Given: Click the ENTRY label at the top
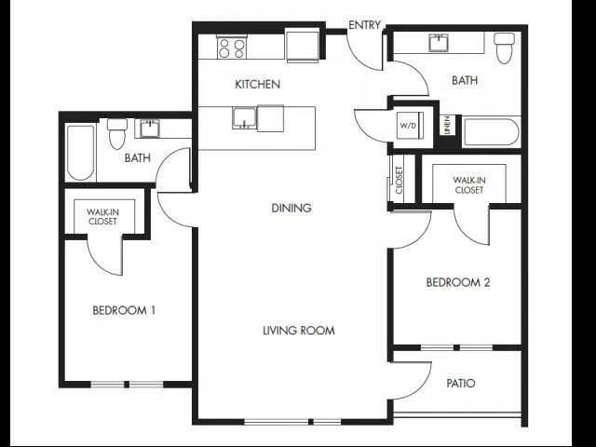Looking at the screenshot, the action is (x=364, y=25).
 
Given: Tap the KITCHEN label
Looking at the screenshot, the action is (x=258, y=84).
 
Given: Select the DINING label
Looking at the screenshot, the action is (x=291, y=208).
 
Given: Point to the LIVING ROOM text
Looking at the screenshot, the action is (x=299, y=331).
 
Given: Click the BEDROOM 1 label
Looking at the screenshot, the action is (x=124, y=310).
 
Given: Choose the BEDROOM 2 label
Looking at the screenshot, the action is (x=458, y=282).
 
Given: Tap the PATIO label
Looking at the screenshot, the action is (x=461, y=383).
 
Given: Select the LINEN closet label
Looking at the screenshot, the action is (x=447, y=125).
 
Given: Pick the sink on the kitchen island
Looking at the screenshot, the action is (x=245, y=118).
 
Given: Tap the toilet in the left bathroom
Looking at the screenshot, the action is (x=116, y=134).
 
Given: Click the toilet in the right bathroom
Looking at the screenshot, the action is (x=505, y=48).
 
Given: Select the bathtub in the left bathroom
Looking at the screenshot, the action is (x=81, y=153).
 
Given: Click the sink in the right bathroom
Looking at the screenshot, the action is (x=439, y=43).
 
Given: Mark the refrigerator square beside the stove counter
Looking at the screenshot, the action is (x=303, y=46).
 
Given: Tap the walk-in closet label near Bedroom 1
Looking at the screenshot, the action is (x=102, y=217).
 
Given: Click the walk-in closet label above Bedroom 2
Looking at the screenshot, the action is (x=469, y=185).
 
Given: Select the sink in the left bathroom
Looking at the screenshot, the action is (x=150, y=129).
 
